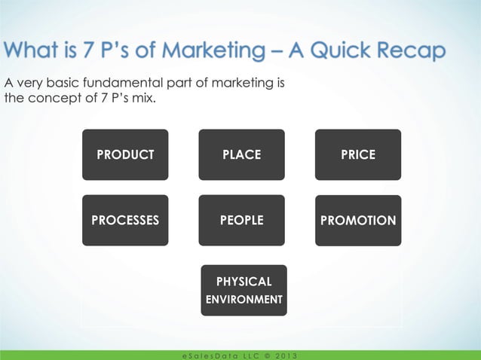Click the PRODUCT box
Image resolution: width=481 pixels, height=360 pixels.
coord(125,154)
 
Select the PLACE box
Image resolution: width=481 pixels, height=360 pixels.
coord(241,154)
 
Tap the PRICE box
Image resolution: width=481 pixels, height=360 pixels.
coord(358,154)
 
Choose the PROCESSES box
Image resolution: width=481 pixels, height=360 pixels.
coord(125,221)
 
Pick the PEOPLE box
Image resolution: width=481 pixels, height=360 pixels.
coord(241,221)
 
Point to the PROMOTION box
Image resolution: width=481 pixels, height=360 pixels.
coord(358,221)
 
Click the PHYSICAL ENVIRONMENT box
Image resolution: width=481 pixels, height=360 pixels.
coord(244,290)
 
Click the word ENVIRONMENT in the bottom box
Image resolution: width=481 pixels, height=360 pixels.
coord(244,300)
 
